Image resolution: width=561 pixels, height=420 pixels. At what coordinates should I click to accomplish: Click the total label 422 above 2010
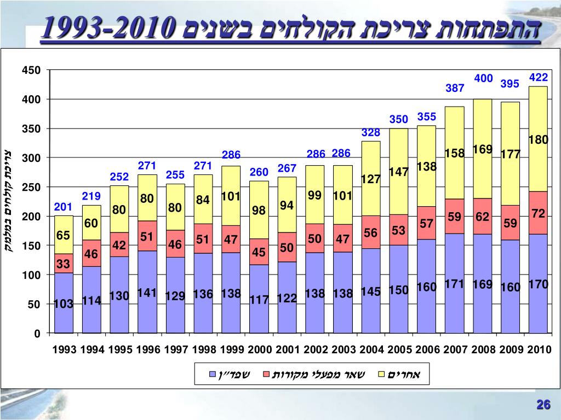point(539,78)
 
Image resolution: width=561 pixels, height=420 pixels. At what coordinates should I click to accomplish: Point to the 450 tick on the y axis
point(31,70)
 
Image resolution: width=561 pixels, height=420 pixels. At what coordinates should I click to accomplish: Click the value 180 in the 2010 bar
point(538,140)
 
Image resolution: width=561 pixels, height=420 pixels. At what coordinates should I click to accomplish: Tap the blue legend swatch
point(212,375)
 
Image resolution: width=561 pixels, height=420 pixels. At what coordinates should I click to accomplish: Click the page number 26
point(543,405)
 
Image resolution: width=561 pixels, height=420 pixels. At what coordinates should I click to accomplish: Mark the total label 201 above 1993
point(63,207)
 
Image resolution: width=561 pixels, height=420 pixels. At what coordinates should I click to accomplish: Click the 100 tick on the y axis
point(31,275)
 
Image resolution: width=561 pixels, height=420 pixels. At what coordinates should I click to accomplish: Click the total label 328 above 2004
point(371,133)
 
